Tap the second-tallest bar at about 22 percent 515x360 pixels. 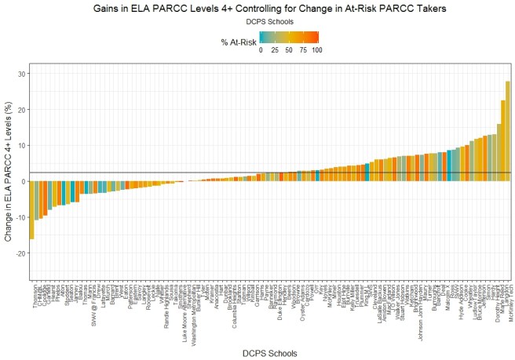tap(503, 141)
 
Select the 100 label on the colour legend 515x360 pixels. tap(316, 50)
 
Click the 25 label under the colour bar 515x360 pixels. tap(275, 50)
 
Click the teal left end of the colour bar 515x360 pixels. tap(263, 38)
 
